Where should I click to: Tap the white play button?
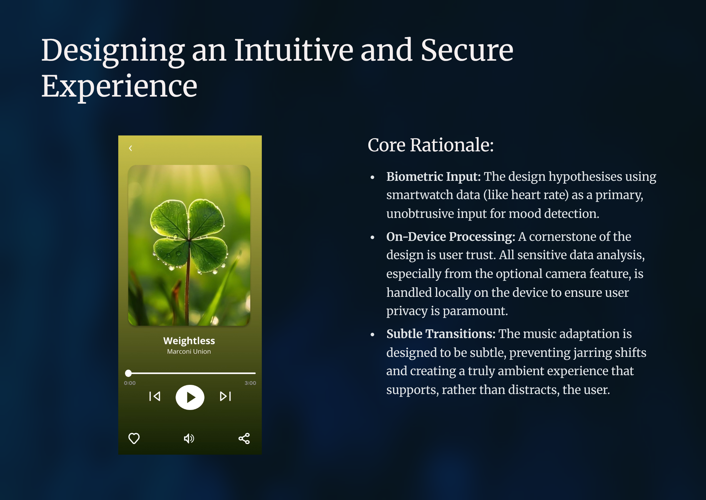coord(190,397)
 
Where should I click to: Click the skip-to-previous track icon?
coord(155,396)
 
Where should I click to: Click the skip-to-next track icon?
coord(225,396)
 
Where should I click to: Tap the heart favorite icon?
coord(134,438)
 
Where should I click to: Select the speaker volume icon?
coord(189,438)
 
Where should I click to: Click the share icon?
coord(244,438)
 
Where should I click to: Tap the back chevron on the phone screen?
coord(130,148)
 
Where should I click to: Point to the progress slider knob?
coord(129,373)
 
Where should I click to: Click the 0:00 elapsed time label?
coord(130,383)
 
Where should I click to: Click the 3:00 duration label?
coord(250,383)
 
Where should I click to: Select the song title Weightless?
coord(189,341)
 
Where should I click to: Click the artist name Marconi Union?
coord(189,351)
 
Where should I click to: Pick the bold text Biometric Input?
coord(433,177)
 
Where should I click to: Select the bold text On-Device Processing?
coord(450,237)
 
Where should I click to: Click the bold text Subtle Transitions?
coord(441,334)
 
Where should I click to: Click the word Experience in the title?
coord(119,87)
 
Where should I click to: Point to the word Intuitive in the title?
coord(294,50)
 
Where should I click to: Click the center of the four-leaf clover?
coord(189,239)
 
